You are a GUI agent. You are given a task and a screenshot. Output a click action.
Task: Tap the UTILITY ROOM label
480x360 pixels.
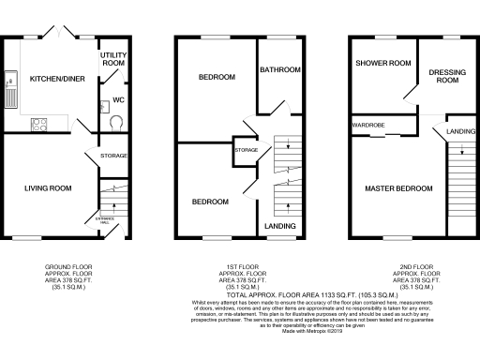[x=113, y=60]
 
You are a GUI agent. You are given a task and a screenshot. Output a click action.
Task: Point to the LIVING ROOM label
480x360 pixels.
[x=48, y=188]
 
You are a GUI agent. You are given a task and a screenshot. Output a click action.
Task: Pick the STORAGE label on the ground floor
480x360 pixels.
[x=113, y=155]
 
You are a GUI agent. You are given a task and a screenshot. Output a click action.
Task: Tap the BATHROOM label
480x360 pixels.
[x=278, y=69]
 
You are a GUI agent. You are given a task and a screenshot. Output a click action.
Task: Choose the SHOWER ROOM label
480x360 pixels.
[x=382, y=64]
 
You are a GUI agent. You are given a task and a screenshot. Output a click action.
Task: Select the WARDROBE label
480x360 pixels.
[x=365, y=125]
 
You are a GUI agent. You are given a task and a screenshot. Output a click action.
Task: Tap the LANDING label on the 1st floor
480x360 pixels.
[x=280, y=227]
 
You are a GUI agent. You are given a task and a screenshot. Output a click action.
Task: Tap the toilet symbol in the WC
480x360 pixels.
[x=116, y=120]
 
